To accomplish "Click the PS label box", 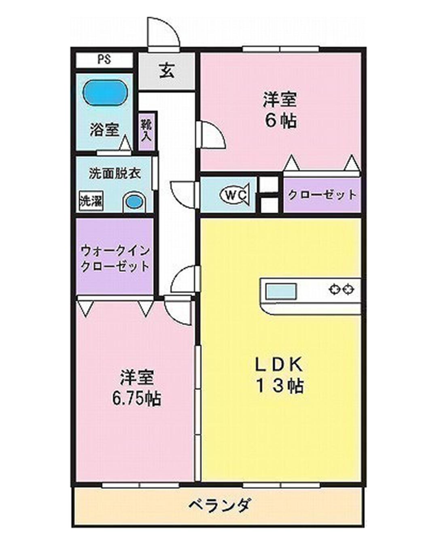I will [x=104, y=60].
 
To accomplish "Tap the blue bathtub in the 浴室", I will [x=105, y=92].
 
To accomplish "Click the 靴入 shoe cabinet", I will [x=146, y=131].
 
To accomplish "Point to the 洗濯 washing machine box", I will [x=91, y=201].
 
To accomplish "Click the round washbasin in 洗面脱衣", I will [x=134, y=202].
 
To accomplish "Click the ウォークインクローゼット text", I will [x=115, y=258].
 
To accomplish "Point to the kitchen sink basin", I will [x=280, y=291].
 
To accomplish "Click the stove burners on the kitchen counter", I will [x=342, y=289].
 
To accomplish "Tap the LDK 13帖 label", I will [x=279, y=375].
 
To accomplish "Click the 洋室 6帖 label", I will [x=280, y=110].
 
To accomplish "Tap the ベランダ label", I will [x=220, y=505].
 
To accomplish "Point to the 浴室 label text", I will [x=104, y=130].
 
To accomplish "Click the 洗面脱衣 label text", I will [x=115, y=173].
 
